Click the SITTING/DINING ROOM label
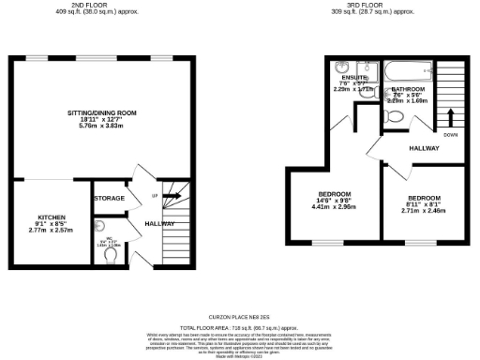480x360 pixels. [x=102, y=112]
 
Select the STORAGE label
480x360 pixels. [x=109, y=199]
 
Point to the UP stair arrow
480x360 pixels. [x=174, y=196]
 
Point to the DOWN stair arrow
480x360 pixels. [x=452, y=116]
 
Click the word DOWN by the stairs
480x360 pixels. [x=452, y=134]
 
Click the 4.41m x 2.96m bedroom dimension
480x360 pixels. [x=335, y=206]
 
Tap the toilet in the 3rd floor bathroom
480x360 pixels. [x=394, y=116]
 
